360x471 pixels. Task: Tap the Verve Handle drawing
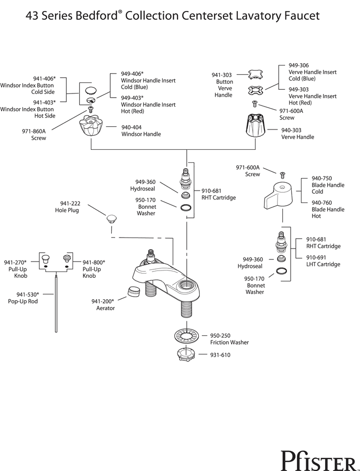(255, 126)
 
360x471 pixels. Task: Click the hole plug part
(112, 219)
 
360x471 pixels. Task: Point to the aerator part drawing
(134, 292)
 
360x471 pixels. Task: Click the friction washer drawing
(187, 336)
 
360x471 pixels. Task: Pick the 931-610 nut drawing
(186, 355)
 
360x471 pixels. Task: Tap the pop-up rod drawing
(56, 304)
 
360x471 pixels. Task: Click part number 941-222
(70, 204)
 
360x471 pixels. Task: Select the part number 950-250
(220, 336)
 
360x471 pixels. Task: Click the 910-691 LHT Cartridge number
(316, 257)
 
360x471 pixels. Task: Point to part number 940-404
(131, 127)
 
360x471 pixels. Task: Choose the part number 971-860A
(33, 131)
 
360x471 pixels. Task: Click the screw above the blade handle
(283, 174)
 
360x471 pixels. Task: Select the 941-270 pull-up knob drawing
(45, 258)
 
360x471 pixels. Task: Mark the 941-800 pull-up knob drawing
(67, 258)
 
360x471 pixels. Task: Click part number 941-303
(222, 75)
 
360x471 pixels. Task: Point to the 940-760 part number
(321, 203)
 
